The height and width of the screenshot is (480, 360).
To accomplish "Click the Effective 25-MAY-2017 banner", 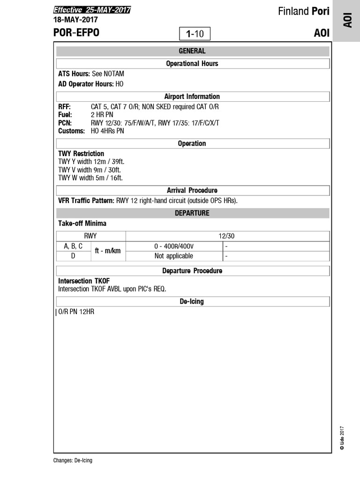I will tap(92, 10).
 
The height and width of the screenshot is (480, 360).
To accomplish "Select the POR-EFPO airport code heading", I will tap(76, 33).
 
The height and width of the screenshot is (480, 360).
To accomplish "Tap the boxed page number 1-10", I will tap(195, 34).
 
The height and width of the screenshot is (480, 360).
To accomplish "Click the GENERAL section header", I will tap(192, 51).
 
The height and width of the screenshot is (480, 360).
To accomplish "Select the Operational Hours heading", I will tap(192, 63).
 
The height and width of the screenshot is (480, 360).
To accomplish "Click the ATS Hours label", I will tap(74, 74).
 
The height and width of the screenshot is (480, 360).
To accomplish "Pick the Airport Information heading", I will tap(192, 97).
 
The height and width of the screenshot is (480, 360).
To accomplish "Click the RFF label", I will tap(65, 107).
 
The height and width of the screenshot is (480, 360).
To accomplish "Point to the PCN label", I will tap(65, 123).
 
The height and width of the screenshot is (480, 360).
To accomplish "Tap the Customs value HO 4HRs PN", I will tap(107, 131).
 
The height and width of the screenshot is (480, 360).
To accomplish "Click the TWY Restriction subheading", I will tap(81, 154).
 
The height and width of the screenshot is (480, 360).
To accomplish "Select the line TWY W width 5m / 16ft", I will tap(90, 178).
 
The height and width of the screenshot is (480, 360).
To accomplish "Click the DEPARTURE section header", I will tap(192, 213).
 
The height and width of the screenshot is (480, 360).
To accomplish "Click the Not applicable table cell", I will tap(173, 256).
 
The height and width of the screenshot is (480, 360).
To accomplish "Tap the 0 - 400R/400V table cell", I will tap(173, 246).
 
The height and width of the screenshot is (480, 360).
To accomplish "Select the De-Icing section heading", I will tap(192, 301).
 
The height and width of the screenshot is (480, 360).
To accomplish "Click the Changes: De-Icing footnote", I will tap(73, 460).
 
